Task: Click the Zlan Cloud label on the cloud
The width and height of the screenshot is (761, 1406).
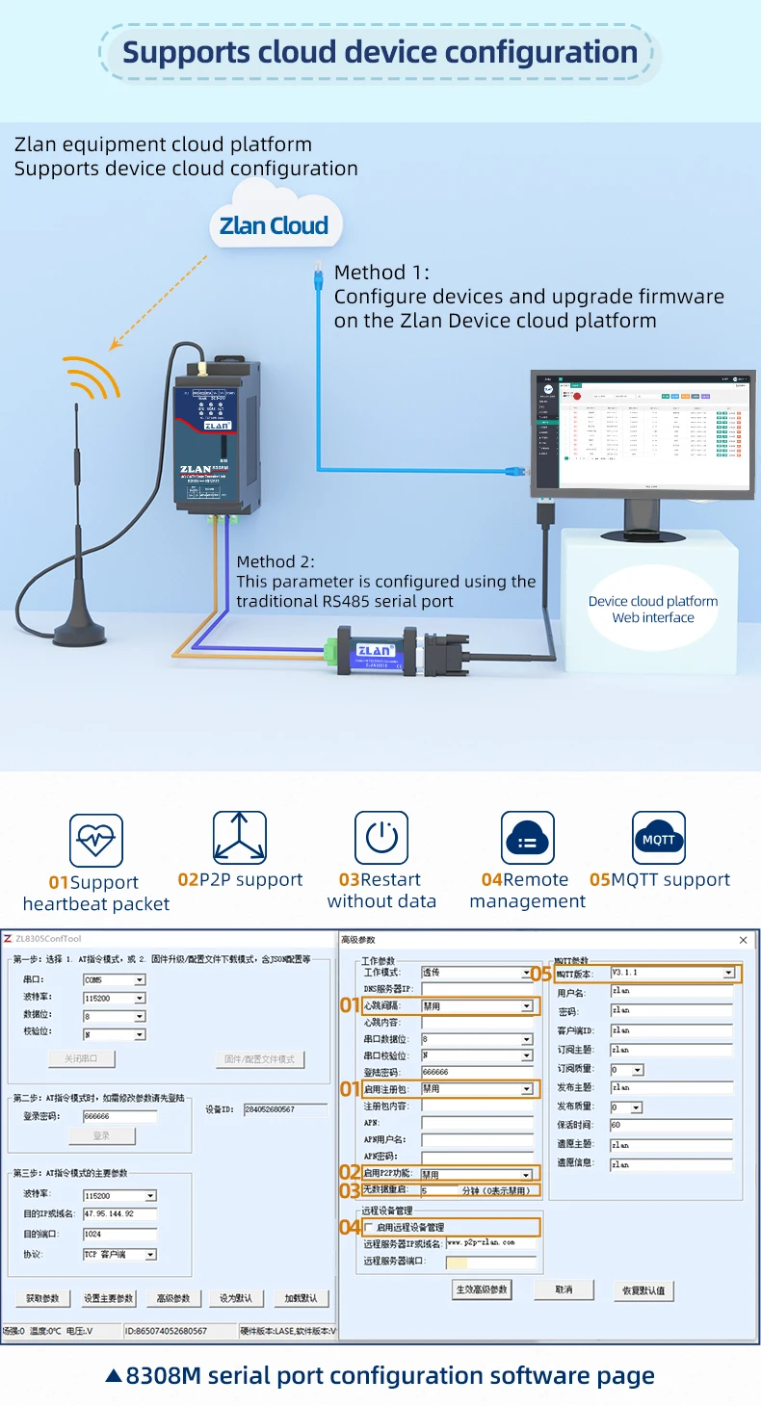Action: click(274, 226)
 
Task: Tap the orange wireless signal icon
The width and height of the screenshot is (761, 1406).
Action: click(92, 378)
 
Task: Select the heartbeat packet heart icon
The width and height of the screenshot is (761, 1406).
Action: click(96, 841)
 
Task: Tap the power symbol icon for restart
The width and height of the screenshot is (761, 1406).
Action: click(381, 838)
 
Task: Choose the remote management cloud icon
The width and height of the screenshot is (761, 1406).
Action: click(527, 839)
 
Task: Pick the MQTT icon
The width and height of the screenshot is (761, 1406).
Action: click(659, 839)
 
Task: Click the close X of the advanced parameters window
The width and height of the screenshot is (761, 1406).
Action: click(743, 940)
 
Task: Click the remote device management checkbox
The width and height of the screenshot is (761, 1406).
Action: click(369, 1227)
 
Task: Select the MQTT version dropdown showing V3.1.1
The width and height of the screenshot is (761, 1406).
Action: click(672, 974)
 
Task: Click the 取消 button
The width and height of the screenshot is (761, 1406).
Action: click(564, 1289)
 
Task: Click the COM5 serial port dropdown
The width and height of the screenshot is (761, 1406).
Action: click(114, 980)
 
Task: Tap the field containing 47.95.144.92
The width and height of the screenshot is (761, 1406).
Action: click(118, 1214)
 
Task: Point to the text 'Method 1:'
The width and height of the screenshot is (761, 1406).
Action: click(381, 273)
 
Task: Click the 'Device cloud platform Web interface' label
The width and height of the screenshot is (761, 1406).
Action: click(653, 610)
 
